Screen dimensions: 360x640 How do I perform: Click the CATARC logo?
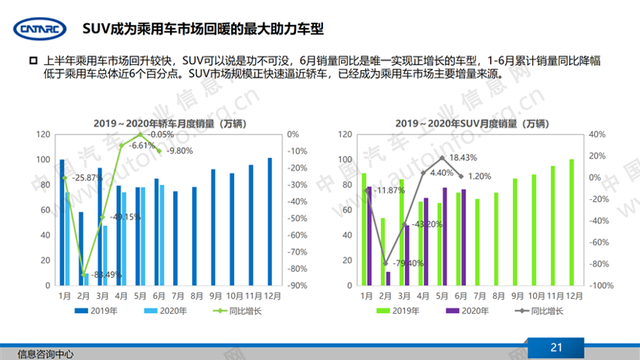pyautogui.click(x=38, y=30)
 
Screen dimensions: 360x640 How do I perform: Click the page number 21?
pyautogui.click(x=556, y=348)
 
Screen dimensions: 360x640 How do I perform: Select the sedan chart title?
pyautogui.click(x=159, y=123)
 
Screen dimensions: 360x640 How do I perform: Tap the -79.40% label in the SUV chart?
pyautogui.click(x=407, y=262)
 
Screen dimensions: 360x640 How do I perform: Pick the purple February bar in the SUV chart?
pyautogui.click(x=388, y=278)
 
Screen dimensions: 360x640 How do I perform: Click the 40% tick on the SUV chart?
pyautogui.click(x=599, y=134)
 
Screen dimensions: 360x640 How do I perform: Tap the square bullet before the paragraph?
pyautogui.click(x=33, y=61)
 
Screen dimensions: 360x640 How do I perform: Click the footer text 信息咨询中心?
pyautogui.click(x=45, y=353)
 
